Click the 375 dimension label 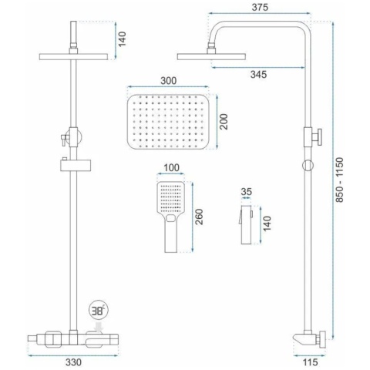click(260, 7)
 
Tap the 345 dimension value click(258, 75)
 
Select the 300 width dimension click(169, 81)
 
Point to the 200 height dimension click(224, 122)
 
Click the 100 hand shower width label click(171, 168)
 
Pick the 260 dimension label click(199, 217)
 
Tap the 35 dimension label click(247, 192)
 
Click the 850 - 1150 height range click(340, 180)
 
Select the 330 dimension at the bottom click(73, 362)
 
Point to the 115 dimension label click(310, 362)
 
